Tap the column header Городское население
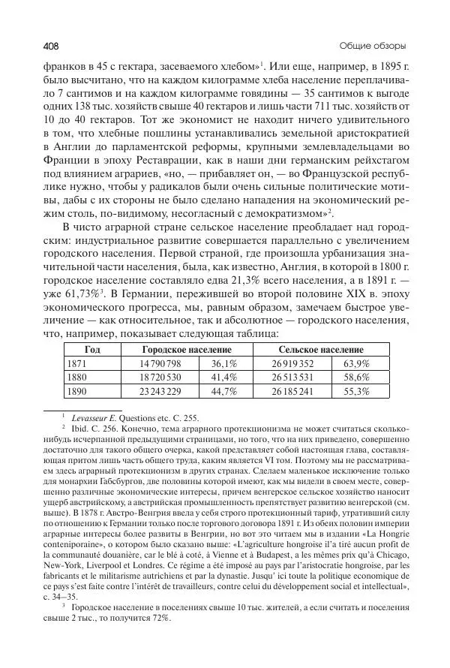(x=186, y=350)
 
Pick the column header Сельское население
(x=320, y=350)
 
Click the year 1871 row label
(x=78, y=363)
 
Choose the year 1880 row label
(x=78, y=377)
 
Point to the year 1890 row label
(x=78, y=390)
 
